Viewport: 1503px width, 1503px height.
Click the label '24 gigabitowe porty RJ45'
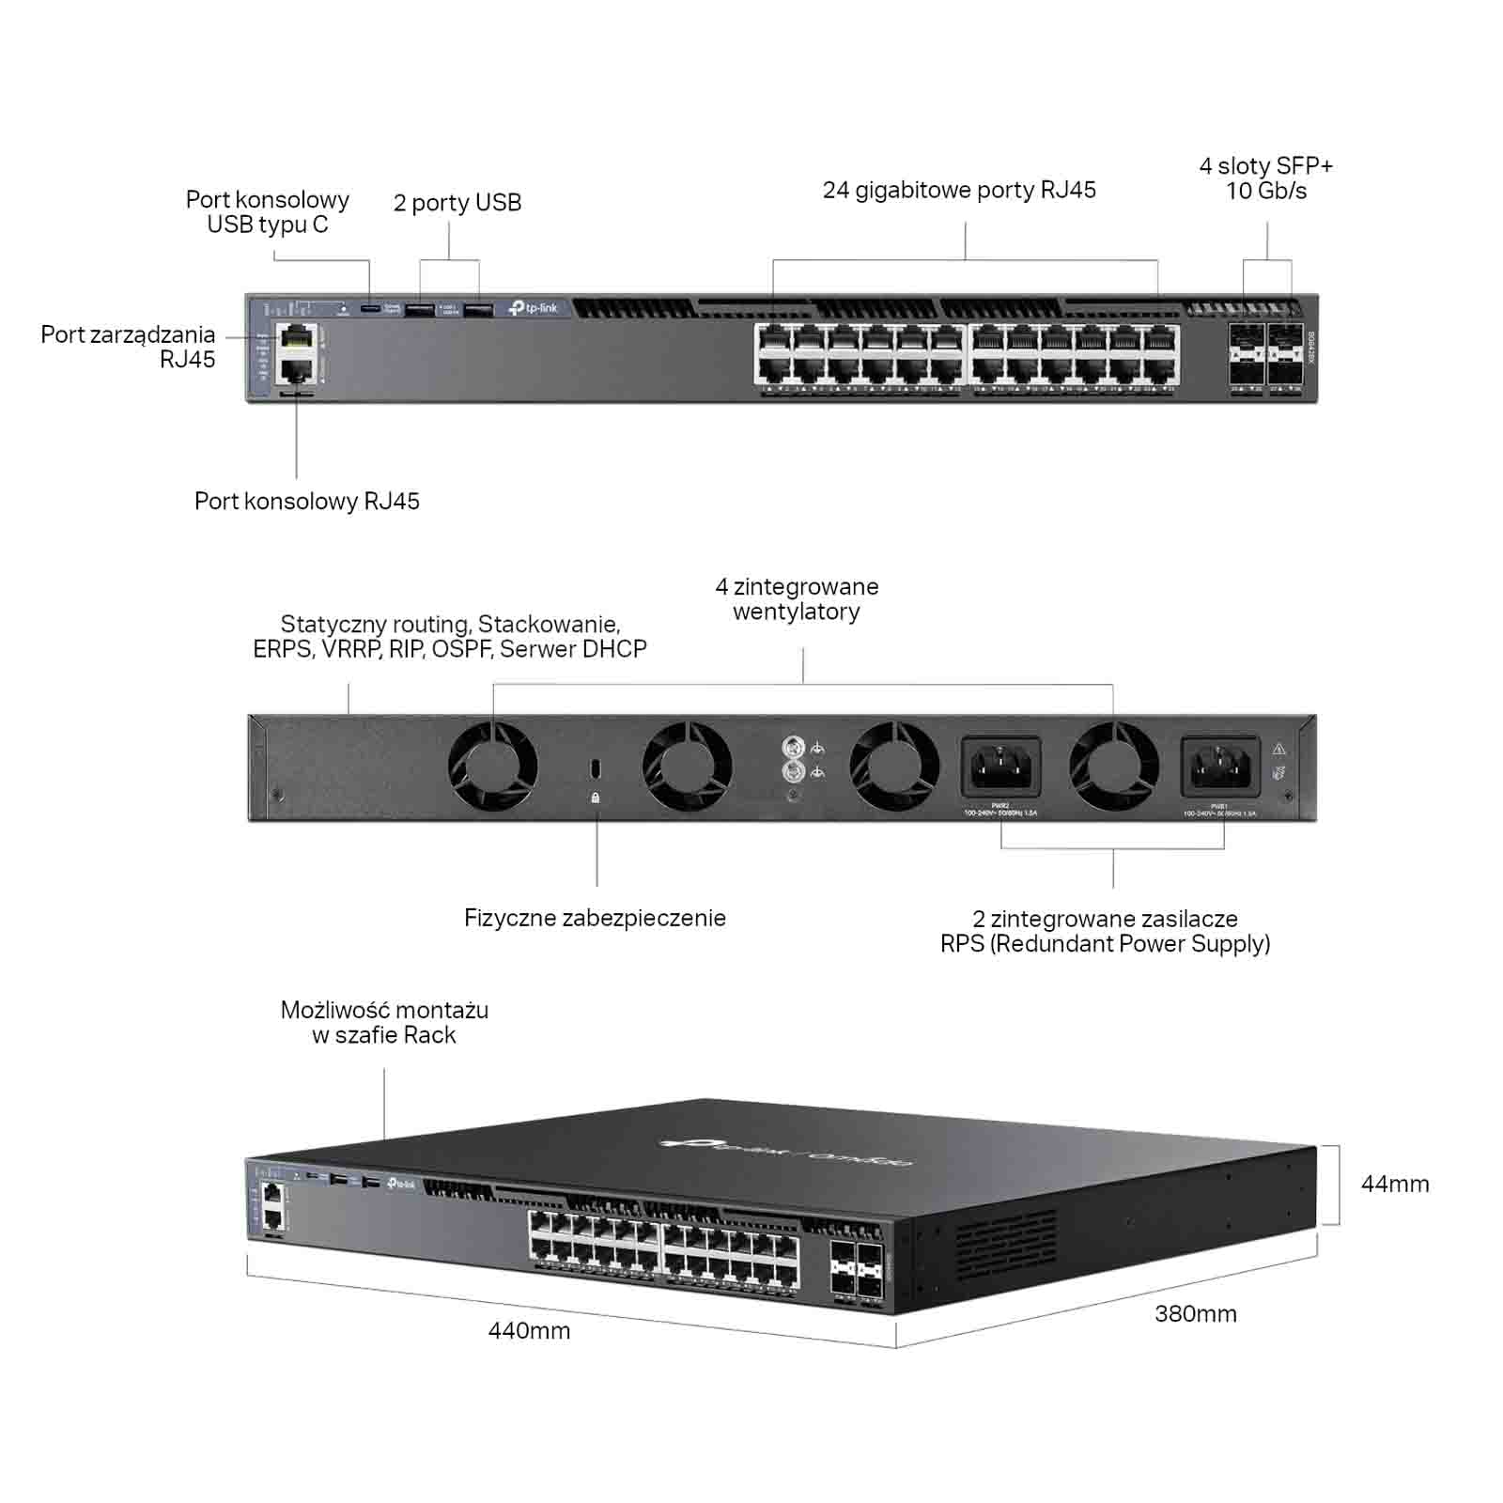(x=959, y=191)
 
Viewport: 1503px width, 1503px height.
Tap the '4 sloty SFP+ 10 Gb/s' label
(x=1265, y=178)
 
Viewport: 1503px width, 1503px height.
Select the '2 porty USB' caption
(x=457, y=203)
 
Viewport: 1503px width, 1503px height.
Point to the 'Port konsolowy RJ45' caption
(x=306, y=502)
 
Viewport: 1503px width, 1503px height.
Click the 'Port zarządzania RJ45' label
(x=128, y=348)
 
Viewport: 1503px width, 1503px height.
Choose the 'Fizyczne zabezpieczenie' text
(x=595, y=919)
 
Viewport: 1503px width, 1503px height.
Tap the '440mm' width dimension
(x=529, y=1331)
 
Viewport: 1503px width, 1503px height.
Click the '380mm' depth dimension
(x=1195, y=1314)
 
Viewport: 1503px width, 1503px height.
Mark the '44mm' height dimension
(x=1395, y=1185)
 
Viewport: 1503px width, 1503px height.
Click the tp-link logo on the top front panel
(x=533, y=308)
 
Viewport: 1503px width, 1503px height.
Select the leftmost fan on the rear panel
(x=492, y=766)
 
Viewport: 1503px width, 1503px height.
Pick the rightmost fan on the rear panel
(x=1113, y=766)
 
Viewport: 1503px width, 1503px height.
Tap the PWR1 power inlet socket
(x=1219, y=767)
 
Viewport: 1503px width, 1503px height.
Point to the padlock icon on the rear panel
(x=596, y=798)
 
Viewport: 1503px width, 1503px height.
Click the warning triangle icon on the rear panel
(x=1278, y=750)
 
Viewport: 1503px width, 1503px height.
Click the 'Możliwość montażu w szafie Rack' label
(x=384, y=1023)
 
